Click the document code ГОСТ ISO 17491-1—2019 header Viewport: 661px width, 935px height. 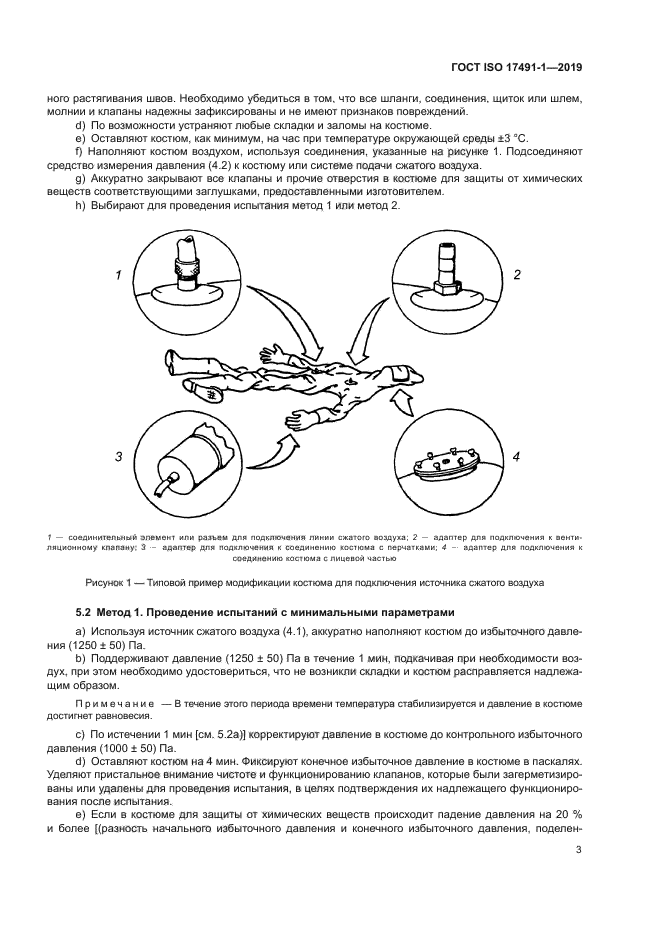coord(516,69)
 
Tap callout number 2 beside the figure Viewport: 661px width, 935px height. coord(516,273)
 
